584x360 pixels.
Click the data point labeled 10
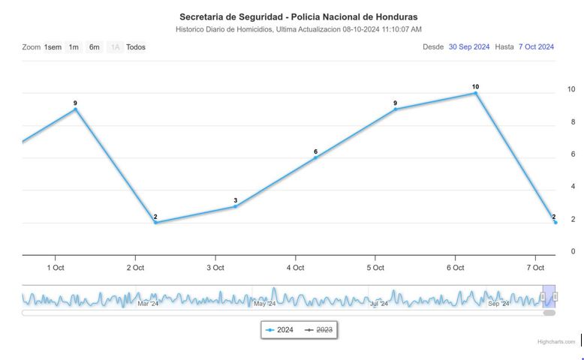tap(475, 93)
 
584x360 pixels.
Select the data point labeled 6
tap(316, 157)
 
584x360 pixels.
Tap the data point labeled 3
tap(236, 206)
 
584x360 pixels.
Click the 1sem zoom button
tap(53, 47)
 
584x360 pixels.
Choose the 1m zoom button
tap(74, 47)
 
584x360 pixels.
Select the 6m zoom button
tap(95, 47)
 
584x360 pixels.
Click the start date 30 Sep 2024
tap(469, 46)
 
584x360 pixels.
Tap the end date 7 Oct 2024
tap(536, 46)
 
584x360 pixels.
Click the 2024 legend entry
tap(279, 329)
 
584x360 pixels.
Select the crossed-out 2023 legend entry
tap(319, 329)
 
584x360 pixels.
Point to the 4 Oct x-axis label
tap(295, 268)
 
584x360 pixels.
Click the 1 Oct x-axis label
tap(55, 268)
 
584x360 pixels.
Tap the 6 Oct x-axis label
tap(455, 268)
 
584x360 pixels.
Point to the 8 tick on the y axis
tap(573, 122)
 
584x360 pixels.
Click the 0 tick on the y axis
tap(573, 252)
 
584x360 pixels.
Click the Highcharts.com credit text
tap(556, 342)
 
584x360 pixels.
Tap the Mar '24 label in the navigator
tap(148, 304)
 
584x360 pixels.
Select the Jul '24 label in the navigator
tap(379, 304)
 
